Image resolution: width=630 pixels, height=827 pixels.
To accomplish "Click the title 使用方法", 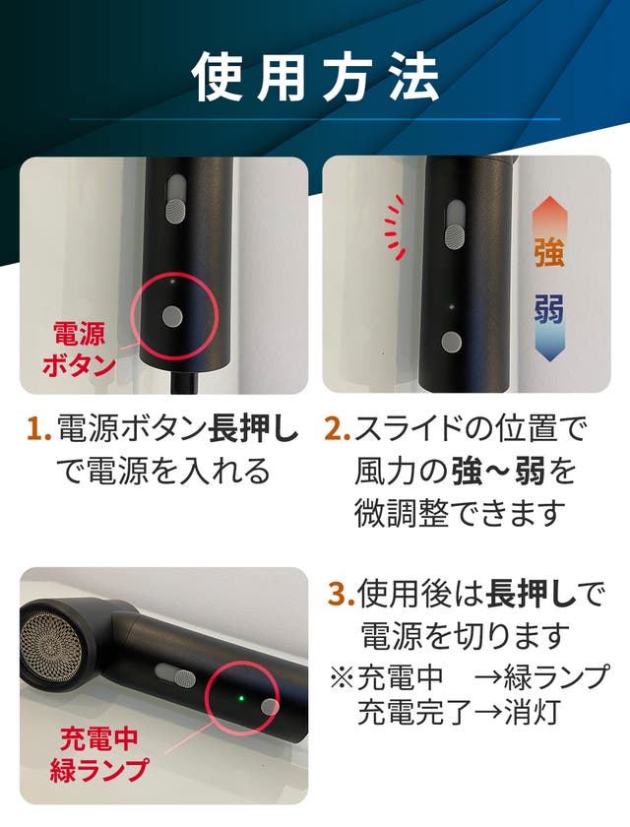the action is click(315, 78).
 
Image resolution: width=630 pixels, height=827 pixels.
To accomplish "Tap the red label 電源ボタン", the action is click(79, 350).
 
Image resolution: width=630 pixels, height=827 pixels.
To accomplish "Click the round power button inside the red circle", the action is click(172, 316).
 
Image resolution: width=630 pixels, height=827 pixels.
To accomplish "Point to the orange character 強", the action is click(549, 253).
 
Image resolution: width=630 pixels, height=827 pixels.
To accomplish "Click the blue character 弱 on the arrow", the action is click(549, 308).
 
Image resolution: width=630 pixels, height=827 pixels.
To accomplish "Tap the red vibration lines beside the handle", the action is click(395, 226).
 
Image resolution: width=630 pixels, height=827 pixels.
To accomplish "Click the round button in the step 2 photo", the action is click(451, 343).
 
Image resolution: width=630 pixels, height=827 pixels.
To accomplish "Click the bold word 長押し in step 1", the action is click(254, 428).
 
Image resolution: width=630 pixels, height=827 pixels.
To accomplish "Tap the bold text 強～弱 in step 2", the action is click(499, 471).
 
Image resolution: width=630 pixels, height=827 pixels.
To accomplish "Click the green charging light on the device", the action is click(241, 699).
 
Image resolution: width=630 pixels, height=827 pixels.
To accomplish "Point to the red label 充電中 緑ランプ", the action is click(98, 754).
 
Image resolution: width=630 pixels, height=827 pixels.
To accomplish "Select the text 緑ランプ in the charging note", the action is click(557, 677).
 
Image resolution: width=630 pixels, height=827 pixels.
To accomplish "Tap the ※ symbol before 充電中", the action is click(343, 677).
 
